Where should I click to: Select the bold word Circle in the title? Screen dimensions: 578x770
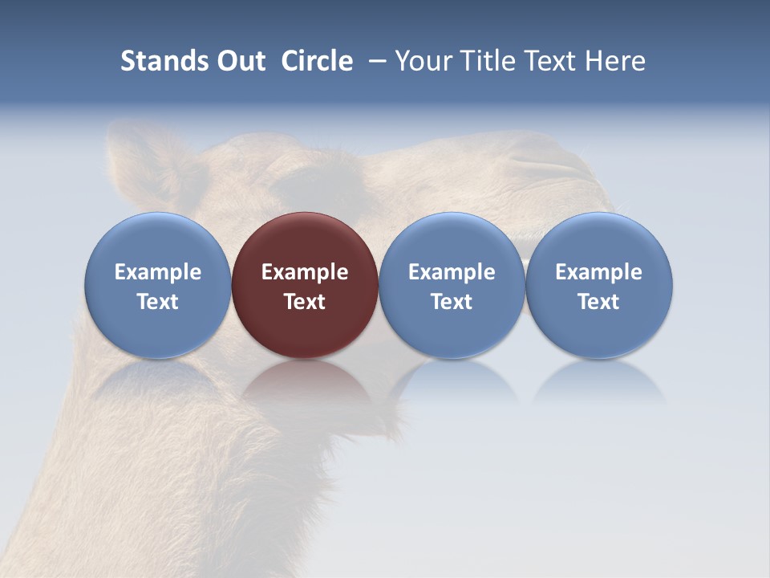tap(317, 61)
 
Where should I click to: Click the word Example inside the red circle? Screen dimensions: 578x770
tap(305, 273)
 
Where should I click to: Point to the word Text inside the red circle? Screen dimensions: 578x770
tap(305, 302)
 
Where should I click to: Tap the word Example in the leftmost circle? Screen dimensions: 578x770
tap(158, 273)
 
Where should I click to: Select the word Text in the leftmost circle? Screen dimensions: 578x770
tap(158, 302)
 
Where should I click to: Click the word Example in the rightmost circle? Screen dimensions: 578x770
tap(598, 273)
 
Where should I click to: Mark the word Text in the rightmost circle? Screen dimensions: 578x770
tap(598, 302)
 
